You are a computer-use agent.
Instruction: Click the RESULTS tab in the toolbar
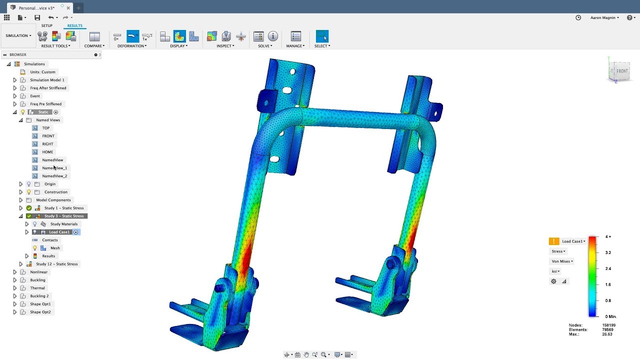tap(74, 25)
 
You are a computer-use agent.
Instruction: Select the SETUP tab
tap(46, 25)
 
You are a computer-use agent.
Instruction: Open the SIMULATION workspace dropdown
tap(18, 36)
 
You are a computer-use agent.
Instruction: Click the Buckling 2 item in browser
tap(39, 296)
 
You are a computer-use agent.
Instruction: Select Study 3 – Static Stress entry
tap(64, 216)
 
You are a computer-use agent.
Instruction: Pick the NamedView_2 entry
tap(54, 176)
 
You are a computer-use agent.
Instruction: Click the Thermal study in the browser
tap(37, 288)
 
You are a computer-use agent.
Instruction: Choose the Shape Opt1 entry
tap(40, 304)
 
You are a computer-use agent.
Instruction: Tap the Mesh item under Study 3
tap(55, 248)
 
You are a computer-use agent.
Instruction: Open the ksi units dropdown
tap(555, 271)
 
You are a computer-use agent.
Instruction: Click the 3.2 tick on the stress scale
tap(608, 252)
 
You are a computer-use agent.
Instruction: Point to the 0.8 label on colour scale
tap(608, 300)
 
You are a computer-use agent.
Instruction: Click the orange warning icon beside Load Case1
tap(553, 241)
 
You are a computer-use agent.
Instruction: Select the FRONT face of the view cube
tap(621, 71)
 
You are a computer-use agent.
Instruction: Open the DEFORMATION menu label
tap(132, 46)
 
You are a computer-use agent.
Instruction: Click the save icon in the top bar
tap(37, 17)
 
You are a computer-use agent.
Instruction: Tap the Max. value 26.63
tap(607, 334)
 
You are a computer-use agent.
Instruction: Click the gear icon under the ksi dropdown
tap(553, 281)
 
